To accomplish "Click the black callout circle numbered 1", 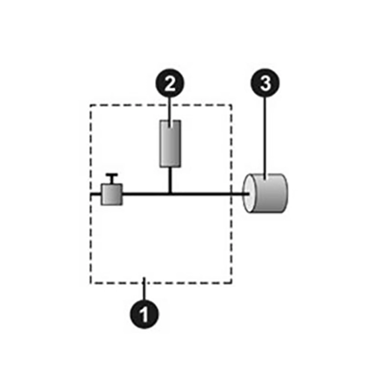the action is (144, 314).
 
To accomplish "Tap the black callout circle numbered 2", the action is (170, 83).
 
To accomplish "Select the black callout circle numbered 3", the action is (265, 83).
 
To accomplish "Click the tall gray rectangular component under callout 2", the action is (170, 144).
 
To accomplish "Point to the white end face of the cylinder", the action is (249, 194).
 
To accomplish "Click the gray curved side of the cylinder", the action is (271, 194).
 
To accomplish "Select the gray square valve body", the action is (112, 194).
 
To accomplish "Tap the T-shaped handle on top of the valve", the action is (112, 178).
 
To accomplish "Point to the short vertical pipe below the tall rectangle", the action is (170, 179).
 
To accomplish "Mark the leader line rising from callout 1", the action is (144, 289).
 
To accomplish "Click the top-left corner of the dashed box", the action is (91, 105).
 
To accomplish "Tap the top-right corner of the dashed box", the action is (231, 105).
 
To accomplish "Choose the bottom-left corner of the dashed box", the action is (91, 283).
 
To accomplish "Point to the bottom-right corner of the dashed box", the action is (231, 283).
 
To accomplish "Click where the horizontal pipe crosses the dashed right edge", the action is (231, 194).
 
